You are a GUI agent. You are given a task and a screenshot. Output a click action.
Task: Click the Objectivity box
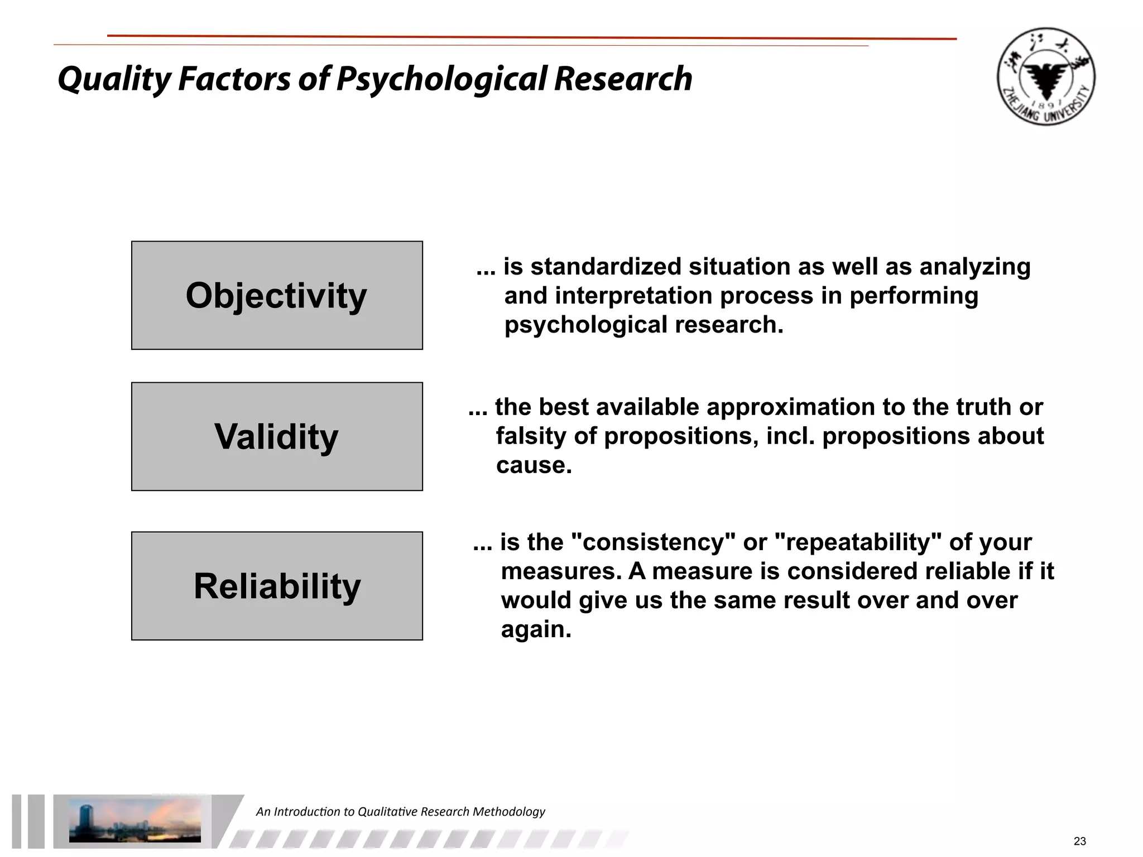(x=277, y=295)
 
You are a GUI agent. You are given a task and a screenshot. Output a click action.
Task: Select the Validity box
(x=277, y=436)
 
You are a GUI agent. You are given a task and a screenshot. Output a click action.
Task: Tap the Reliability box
(x=277, y=586)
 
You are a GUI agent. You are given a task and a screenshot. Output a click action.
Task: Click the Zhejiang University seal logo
(x=1045, y=76)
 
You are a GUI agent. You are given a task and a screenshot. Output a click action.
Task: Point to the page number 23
(x=1079, y=841)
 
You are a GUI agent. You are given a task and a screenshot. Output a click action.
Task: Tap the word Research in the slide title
(x=623, y=79)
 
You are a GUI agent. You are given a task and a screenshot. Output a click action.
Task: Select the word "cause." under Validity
(x=534, y=465)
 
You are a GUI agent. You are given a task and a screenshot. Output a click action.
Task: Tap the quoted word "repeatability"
(x=858, y=542)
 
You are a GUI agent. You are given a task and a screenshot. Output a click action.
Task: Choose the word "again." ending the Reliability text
(x=536, y=629)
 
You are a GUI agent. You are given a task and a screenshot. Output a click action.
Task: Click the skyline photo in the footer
(x=135, y=820)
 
